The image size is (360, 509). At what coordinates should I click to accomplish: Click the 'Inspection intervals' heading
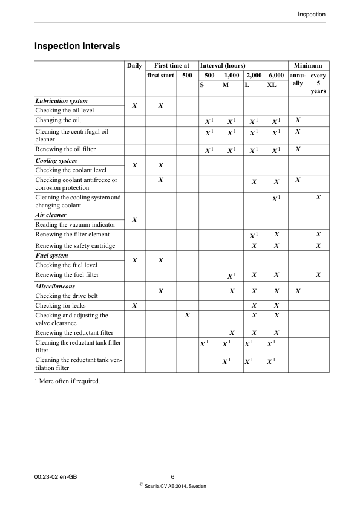coord(77,45)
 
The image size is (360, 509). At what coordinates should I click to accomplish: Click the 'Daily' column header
coord(134,65)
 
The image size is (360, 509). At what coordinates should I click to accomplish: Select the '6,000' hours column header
coord(276,76)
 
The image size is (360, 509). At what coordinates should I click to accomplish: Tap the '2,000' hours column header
coord(254,76)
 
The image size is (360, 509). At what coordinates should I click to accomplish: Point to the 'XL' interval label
coord(272,85)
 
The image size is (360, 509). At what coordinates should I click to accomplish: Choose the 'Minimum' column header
coord(309,65)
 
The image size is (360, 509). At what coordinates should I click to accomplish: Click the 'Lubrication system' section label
coord(62,101)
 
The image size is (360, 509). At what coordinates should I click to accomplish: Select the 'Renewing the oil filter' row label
coord(65,149)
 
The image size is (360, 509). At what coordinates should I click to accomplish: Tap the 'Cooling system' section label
coord(56,161)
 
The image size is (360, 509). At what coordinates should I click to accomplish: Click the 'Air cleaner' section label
coord(51,215)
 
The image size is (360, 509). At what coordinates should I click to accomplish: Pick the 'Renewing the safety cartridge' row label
coord(75,246)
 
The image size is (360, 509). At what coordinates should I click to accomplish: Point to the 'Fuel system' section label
coord(53,256)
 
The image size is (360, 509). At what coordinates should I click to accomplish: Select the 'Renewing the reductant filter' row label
coord(74,333)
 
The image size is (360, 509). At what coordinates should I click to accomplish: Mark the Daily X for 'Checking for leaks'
coord(134,306)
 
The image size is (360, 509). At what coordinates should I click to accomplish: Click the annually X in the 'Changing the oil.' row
coord(298,120)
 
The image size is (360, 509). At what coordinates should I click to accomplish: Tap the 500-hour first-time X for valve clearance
coord(187,315)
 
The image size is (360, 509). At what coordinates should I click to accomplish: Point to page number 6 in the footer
coord(172,477)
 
